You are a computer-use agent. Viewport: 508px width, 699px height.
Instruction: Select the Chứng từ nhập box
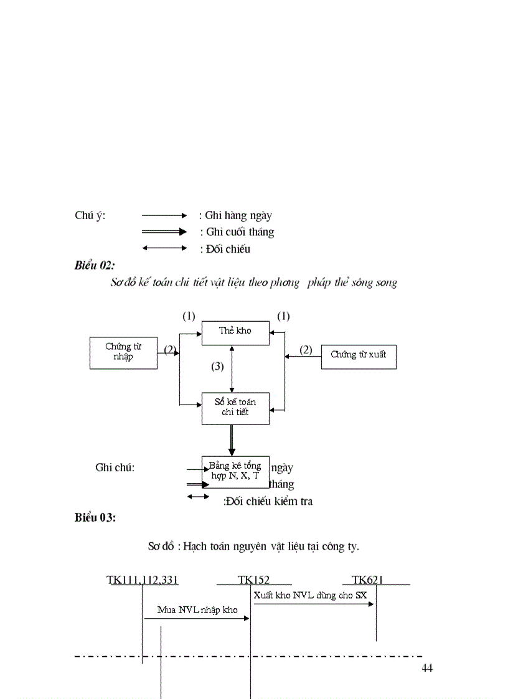(x=123, y=352)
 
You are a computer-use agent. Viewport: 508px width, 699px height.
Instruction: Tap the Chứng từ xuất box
(x=359, y=355)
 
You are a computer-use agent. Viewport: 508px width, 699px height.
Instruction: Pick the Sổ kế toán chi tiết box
(x=235, y=408)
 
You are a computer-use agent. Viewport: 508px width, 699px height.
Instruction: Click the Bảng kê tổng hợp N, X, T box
(x=235, y=471)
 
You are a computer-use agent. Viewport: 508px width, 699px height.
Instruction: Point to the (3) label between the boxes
(x=217, y=367)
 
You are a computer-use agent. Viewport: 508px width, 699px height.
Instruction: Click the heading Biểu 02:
(x=95, y=265)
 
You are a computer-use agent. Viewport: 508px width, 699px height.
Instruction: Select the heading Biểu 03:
(x=95, y=517)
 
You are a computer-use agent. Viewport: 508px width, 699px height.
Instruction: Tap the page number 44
(x=427, y=668)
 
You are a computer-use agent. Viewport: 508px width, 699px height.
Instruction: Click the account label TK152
(x=253, y=580)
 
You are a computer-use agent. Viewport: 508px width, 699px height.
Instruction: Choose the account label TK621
(x=367, y=580)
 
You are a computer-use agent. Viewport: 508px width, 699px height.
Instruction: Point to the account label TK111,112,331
(x=143, y=580)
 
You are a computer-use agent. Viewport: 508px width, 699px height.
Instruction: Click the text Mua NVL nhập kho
(x=197, y=610)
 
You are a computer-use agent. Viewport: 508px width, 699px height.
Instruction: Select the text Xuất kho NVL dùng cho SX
(x=310, y=595)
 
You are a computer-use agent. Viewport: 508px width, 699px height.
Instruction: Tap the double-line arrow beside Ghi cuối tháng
(x=164, y=232)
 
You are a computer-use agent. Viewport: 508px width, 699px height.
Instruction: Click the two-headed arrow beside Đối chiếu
(x=164, y=248)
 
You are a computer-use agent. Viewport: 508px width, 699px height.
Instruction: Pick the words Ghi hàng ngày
(x=238, y=215)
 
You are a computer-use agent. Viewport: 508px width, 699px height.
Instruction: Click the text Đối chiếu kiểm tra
(x=268, y=501)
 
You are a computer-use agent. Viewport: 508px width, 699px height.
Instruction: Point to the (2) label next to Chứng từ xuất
(x=306, y=350)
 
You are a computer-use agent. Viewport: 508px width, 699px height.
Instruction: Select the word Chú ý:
(x=90, y=215)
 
